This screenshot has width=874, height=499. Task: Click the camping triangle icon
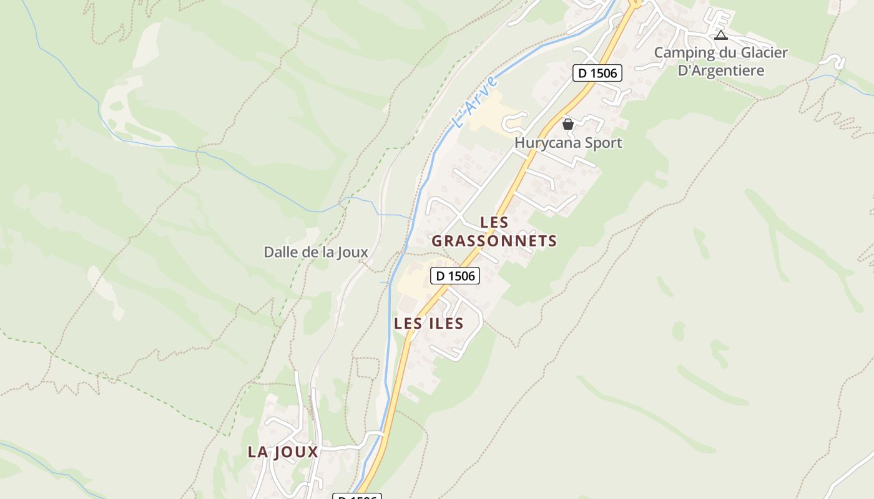[721, 35]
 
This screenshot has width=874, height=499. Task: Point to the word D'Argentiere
[721, 70]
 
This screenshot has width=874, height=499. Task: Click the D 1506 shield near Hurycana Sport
[597, 73]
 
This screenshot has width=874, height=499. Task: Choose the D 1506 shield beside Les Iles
[455, 275]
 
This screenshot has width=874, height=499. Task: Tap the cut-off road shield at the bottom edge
[356, 497]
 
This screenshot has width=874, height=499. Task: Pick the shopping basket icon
[568, 124]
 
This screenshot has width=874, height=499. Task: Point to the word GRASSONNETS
[494, 241]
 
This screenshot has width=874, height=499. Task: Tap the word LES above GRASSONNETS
[494, 222]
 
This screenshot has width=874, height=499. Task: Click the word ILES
[446, 324]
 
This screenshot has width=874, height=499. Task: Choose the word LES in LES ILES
[409, 324]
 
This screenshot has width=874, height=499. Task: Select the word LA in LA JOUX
[258, 452]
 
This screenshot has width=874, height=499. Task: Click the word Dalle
[279, 253]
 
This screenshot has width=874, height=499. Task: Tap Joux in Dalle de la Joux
[353, 253]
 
